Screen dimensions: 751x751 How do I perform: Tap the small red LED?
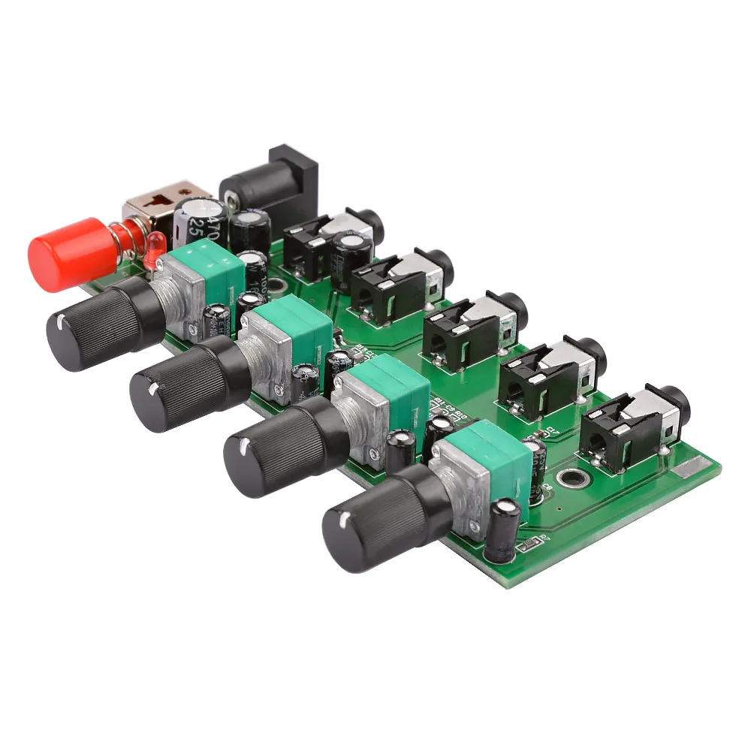[x=155, y=249]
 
